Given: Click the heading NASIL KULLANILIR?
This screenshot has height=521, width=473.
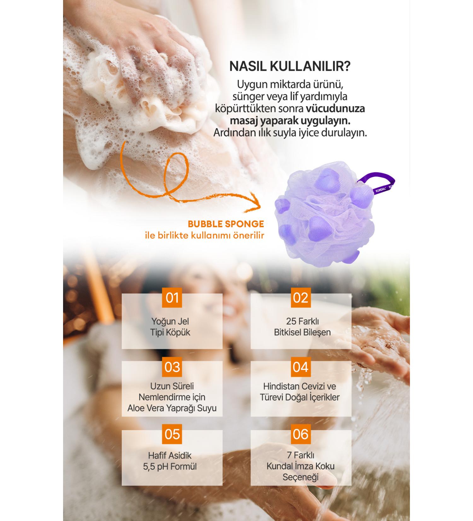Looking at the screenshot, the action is pos(290,66).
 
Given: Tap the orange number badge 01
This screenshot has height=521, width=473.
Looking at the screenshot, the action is pos(172,298).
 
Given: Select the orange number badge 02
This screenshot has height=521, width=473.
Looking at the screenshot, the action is pos(301,298).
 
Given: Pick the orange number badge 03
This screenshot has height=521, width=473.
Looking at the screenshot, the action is pos(172,367).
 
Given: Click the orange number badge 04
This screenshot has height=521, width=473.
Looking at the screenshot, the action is pos(301,367).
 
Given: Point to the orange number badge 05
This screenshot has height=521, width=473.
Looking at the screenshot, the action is pos(172,434).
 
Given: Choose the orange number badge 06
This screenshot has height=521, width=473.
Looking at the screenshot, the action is pos(301,434).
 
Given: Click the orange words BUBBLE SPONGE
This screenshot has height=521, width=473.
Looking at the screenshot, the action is pos(226,224).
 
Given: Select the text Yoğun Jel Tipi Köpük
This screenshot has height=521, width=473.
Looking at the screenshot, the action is pos(170,327).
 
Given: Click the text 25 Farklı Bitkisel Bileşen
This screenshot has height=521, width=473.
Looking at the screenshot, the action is pos(302,327).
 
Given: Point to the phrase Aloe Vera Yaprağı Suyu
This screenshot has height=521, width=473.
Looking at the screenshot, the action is pos(172,408).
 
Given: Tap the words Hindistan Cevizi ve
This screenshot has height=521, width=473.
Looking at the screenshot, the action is pos(300,386).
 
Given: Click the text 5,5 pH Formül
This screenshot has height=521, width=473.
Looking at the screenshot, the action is pos(170,466).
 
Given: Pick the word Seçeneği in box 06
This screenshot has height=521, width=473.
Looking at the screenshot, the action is pos(301,477).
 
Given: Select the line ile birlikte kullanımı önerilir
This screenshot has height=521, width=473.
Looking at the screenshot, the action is pos(204,236).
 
